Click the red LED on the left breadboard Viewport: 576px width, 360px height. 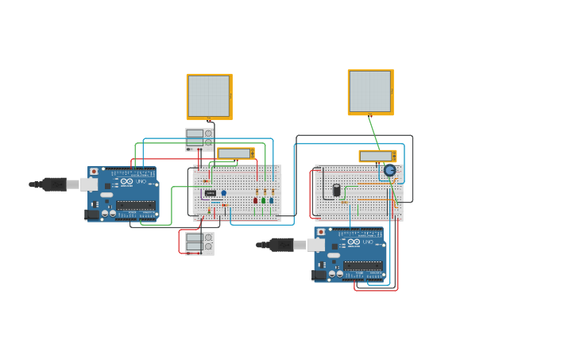coord(255,200)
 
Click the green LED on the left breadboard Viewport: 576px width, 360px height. coord(263,200)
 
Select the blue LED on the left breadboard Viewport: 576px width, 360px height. coord(271,200)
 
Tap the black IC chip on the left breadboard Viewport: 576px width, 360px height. coord(210,193)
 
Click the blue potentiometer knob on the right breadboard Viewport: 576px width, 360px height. coord(389,170)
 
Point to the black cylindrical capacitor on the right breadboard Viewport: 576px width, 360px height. coord(336,190)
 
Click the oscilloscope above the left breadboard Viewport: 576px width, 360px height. coord(209,96)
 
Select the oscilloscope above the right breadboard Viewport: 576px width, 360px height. coord(370,92)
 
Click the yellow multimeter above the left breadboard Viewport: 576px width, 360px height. coord(236,153)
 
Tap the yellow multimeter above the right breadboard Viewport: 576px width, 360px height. coord(377,156)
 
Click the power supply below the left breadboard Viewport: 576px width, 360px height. coord(199,242)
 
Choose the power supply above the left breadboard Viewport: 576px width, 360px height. coord(199,139)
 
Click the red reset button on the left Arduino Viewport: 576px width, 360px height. coord(94,171)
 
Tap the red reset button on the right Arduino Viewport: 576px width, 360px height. coord(320,232)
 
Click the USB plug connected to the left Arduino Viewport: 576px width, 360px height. coord(54,184)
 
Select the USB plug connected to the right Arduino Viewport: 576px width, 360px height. coord(281,245)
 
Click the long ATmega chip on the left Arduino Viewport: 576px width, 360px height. coord(136,205)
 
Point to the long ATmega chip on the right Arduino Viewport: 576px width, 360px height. coord(362,266)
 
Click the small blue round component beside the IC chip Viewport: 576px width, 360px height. coord(223,193)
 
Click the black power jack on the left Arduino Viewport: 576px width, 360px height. coord(91,214)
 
